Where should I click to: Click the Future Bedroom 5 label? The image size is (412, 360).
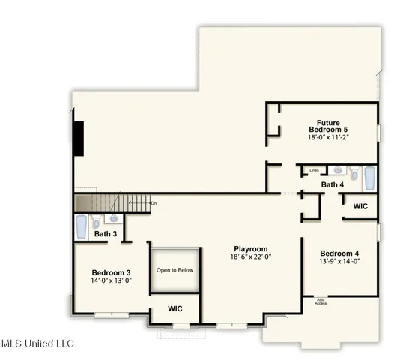click(x=328, y=126)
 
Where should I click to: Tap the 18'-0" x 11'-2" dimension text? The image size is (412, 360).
click(x=328, y=138)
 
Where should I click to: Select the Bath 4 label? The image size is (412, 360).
click(x=333, y=184)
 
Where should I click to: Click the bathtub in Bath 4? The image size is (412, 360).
click(x=369, y=178)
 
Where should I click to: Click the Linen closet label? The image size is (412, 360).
click(x=314, y=171)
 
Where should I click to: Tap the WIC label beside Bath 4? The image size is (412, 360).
click(x=360, y=206)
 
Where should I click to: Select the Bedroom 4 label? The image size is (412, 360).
click(x=339, y=253)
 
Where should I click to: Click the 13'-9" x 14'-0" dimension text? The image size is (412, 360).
click(x=339, y=262)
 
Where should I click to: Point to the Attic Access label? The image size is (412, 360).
click(x=320, y=301)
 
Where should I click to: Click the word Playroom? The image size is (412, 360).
click(x=250, y=249)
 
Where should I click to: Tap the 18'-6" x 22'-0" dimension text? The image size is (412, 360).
click(x=250, y=257)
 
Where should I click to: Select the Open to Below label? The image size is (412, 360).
click(x=175, y=270)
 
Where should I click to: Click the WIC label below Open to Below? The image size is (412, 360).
click(x=175, y=309)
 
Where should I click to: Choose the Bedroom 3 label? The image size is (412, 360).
click(x=112, y=272)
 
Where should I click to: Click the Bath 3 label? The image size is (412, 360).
click(x=106, y=234)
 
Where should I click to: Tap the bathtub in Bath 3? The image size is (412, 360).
click(x=81, y=226)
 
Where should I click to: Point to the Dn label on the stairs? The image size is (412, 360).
click(x=153, y=203)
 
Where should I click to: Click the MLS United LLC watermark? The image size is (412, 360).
click(x=37, y=343)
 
